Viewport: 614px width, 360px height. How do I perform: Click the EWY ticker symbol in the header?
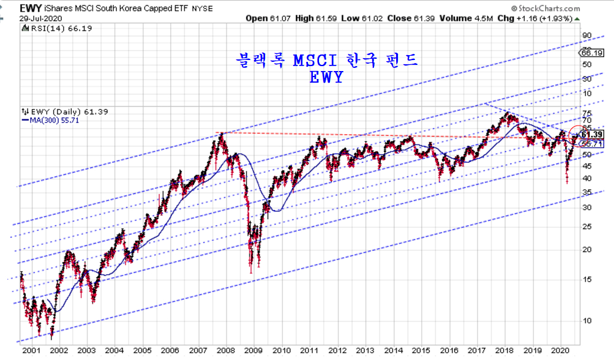[x=31, y=9]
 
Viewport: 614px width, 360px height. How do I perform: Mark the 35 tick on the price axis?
[x=587, y=192]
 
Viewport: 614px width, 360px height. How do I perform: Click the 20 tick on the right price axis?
[x=587, y=249]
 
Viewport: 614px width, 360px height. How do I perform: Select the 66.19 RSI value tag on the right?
[x=593, y=53]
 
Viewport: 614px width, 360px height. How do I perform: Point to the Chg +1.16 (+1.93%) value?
[x=535, y=18]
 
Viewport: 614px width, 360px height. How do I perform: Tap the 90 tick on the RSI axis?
[x=586, y=35]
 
